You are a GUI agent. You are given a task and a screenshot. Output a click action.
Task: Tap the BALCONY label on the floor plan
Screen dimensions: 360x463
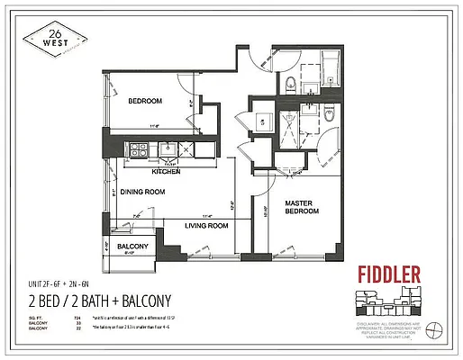pos(132,247)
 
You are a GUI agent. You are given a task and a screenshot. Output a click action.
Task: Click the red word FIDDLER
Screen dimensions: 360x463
pos(388,274)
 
